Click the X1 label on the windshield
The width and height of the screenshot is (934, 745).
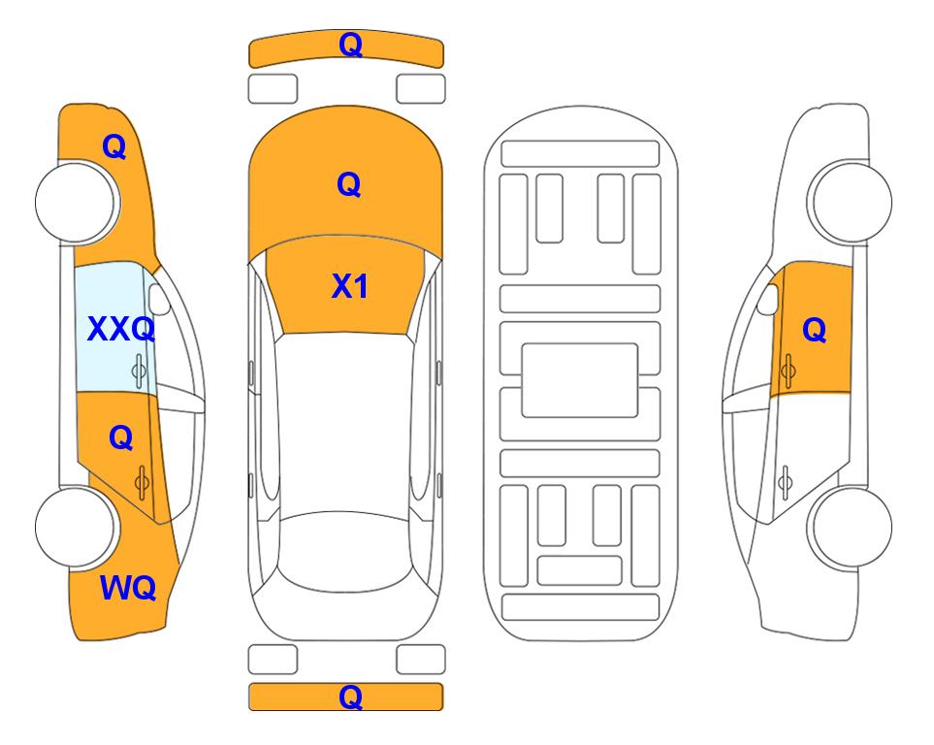coord(350,286)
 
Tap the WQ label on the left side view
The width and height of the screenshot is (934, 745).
coord(128,588)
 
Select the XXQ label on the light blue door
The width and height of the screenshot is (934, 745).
coord(121,329)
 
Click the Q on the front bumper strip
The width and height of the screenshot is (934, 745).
coord(351,45)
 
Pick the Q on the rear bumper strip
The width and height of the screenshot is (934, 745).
coord(351,696)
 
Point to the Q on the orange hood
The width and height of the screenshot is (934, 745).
coord(349,184)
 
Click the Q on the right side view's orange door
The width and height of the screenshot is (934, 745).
coord(815,330)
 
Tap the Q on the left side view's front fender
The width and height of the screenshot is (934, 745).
coord(114,146)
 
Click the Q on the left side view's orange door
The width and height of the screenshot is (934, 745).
coord(121,438)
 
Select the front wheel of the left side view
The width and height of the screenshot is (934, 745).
coord(76,202)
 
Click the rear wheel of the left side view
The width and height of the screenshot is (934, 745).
coord(76,527)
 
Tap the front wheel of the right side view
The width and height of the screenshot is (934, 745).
coord(851,202)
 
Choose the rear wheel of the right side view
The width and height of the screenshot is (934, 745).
coord(851,527)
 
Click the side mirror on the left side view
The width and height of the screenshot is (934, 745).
coord(159,300)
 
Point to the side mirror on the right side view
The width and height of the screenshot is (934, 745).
coord(768,299)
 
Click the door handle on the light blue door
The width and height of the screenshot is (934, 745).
coord(139,372)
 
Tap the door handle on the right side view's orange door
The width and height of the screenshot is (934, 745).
coord(788,371)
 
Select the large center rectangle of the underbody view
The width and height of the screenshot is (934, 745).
coord(580,380)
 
